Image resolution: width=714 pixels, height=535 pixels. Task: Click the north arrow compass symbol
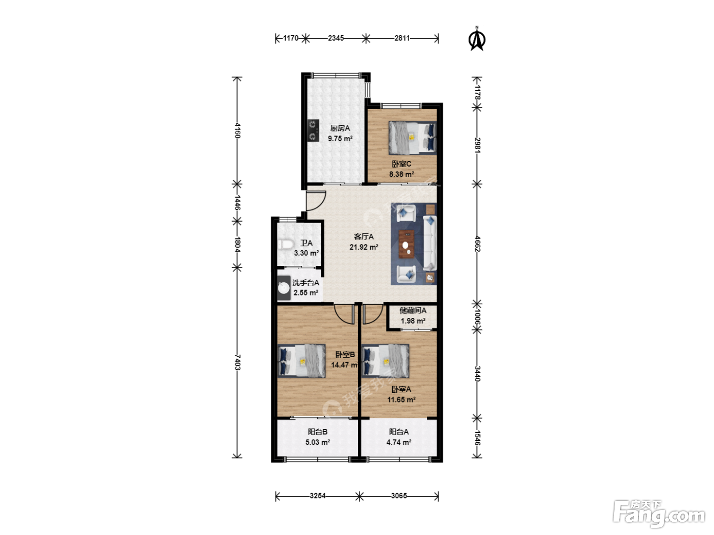click(476, 39)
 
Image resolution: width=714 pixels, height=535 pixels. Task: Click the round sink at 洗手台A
click(284, 288)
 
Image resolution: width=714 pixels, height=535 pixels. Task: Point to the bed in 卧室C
click(412, 138)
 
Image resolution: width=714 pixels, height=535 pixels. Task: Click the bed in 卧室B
click(301, 361)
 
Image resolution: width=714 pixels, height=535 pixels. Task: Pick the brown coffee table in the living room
click(406, 244)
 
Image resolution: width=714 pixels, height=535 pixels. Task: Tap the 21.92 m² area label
click(364, 247)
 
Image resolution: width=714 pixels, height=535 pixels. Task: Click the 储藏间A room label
click(413, 310)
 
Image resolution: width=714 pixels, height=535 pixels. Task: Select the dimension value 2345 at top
click(336, 38)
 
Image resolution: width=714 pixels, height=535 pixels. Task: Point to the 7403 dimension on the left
click(238, 362)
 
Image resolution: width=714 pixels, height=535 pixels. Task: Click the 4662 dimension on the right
click(477, 244)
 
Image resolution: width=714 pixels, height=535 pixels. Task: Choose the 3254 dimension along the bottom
click(318, 496)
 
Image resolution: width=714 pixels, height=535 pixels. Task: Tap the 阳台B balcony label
click(318, 432)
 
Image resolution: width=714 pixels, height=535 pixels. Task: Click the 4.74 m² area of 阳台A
click(399, 442)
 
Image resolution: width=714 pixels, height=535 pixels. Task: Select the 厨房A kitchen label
click(340, 128)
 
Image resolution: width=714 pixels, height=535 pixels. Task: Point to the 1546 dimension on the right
click(477, 438)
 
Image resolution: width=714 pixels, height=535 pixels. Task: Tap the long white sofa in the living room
click(430, 243)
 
